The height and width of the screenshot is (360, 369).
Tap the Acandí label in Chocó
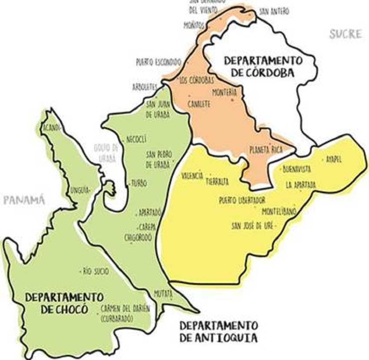click(x=51, y=127)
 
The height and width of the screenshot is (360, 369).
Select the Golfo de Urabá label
click(x=106, y=153)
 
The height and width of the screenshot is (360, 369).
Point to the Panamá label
click(x=24, y=200)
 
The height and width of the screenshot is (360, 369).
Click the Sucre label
click(x=345, y=34)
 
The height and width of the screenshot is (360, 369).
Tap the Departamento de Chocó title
click(x=64, y=303)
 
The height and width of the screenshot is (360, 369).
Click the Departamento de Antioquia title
click(x=218, y=331)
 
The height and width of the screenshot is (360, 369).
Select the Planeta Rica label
click(x=266, y=149)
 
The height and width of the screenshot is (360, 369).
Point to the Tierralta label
click(x=218, y=182)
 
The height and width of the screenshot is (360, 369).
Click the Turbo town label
click(x=138, y=183)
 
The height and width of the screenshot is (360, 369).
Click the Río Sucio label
click(x=96, y=271)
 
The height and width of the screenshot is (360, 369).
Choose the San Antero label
click(x=273, y=12)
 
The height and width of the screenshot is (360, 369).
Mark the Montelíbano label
click(x=279, y=211)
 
